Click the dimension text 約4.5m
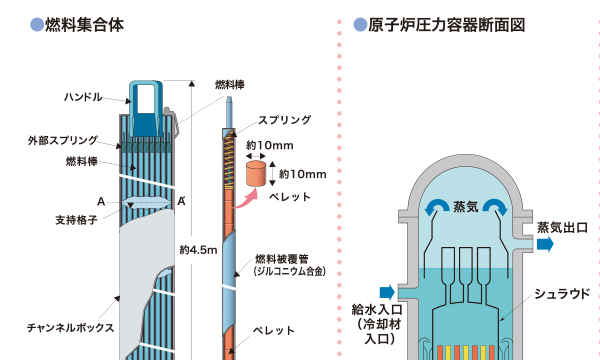(199, 250)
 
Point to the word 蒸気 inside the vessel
(466, 207)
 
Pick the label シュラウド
(553, 294)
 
